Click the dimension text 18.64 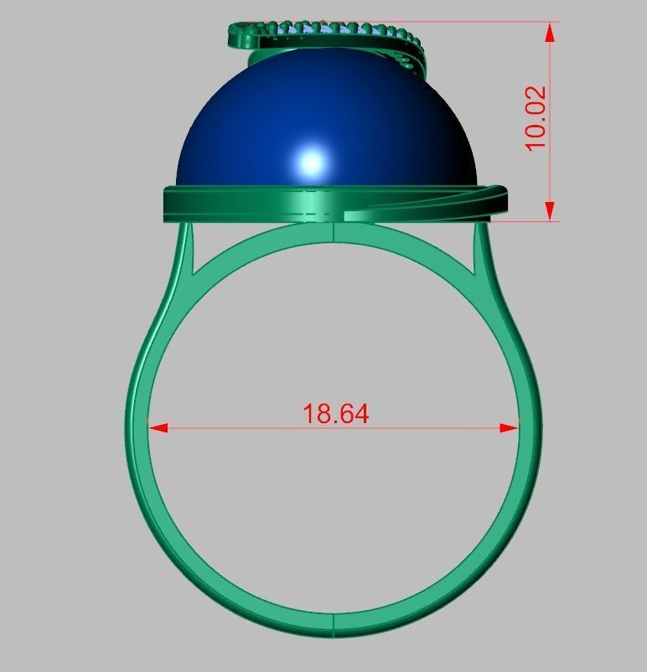tap(335, 413)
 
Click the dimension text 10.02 tap(536, 117)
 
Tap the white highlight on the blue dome tap(312, 162)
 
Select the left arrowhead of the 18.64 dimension tap(158, 427)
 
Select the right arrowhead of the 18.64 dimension tap(510, 427)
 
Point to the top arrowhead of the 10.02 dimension tap(550, 33)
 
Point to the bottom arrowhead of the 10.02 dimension tap(550, 210)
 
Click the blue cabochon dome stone tap(251, 126)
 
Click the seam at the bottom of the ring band tap(334, 625)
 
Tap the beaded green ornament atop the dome tap(335, 34)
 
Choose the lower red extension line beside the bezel tap(524, 221)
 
